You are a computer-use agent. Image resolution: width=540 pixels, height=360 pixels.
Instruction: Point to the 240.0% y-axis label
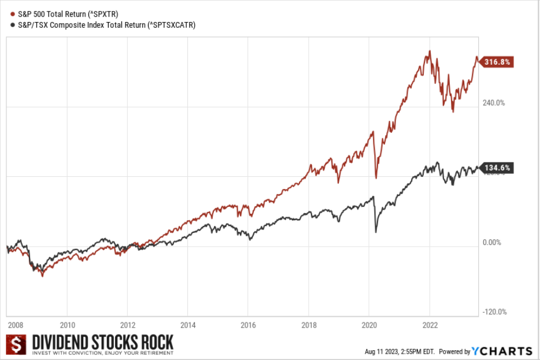tap(493, 103)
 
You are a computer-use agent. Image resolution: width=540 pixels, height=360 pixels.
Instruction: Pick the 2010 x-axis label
tap(68, 325)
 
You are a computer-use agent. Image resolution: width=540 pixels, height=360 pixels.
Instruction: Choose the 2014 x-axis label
tap(188, 325)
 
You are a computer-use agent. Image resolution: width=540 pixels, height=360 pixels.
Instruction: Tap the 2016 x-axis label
tap(249, 325)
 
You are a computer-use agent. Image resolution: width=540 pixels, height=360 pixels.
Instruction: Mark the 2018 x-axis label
tap(309, 325)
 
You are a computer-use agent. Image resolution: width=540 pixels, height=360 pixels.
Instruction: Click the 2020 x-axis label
tap(369, 325)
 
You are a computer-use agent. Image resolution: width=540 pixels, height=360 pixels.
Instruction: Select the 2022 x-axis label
tap(429, 325)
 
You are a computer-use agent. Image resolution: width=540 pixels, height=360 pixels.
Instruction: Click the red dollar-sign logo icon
tap(17, 344)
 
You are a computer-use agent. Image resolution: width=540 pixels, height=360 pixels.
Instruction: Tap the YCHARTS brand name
tap(502, 351)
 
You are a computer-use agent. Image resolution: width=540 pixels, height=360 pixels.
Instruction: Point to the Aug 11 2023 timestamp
tap(399, 351)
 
